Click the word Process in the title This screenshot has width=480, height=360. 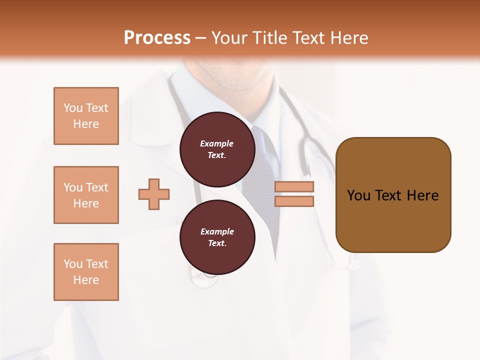(x=157, y=38)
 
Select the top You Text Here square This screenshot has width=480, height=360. (x=86, y=116)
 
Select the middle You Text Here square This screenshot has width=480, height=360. (x=86, y=195)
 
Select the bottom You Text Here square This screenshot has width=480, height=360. (x=86, y=272)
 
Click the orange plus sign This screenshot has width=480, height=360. (x=154, y=194)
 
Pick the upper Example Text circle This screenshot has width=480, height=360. (x=217, y=149)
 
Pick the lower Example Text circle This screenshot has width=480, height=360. (x=217, y=237)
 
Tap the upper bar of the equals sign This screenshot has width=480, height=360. (x=294, y=187)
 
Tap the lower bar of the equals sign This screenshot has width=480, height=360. (x=294, y=201)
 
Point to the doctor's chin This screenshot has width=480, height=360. (x=245, y=80)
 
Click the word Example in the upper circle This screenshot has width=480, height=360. (x=217, y=143)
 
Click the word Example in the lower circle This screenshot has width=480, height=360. (x=217, y=231)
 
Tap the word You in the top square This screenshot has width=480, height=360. (x=72, y=108)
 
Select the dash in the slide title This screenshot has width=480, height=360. (x=201, y=38)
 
